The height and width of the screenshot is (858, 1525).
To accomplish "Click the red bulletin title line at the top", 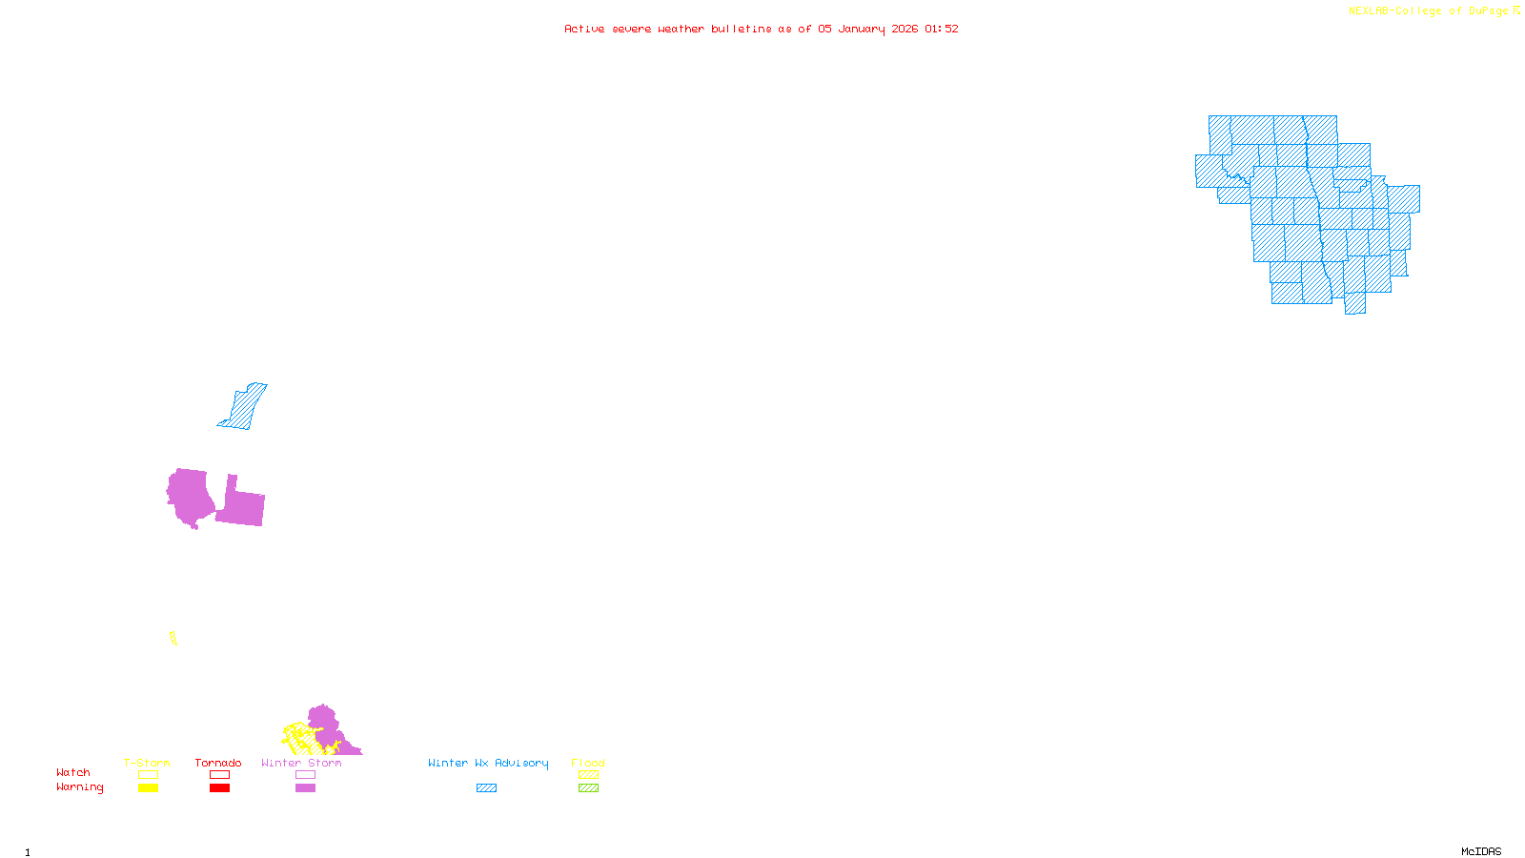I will pyautogui.click(x=761, y=29).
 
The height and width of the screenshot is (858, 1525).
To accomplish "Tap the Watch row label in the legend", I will pyautogui.click(x=73, y=772).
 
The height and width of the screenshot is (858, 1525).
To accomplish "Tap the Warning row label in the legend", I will pyautogui.click(x=79, y=787).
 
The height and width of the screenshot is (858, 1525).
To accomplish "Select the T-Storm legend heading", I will pyautogui.click(x=147, y=763).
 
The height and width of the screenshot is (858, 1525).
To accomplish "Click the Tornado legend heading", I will pyautogui.click(x=218, y=763).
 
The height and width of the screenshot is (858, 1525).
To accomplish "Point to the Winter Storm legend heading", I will pyautogui.click(x=301, y=763).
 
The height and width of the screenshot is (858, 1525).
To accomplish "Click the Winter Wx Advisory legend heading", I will pyautogui.click(x=488, y=763).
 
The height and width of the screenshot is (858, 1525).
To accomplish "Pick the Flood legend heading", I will pyautogui.click(x=588, y=763).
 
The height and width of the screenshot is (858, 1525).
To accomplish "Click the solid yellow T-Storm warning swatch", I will pyautogui.click(x=148, y=788).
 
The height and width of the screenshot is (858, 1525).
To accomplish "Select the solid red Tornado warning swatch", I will pyautogui.click(x=220, y=788).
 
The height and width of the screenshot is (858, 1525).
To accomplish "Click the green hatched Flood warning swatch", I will pyautogui.click(x=589, y=788).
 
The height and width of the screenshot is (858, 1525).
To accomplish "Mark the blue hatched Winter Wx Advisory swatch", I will pyautogui.click(x=486, y=788).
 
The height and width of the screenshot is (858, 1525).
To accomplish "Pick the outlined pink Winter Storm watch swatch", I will pyautogui.click(x=305, y=775).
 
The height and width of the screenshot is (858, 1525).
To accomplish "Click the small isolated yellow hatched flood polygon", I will pyautogui.click(x=173, y=638).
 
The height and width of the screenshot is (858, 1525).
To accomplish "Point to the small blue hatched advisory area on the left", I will pyautogui.click(x=244, y=407).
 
